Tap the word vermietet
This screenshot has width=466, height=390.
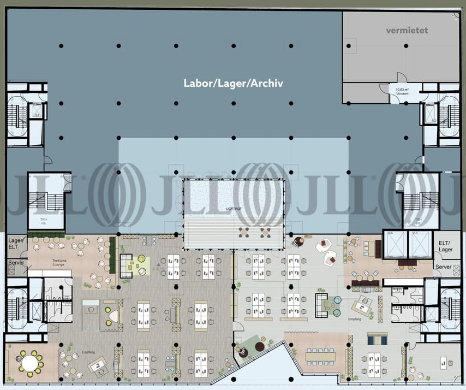click(407, 31)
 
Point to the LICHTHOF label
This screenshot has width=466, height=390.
click(233, 209)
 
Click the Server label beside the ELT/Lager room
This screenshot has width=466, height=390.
click(443, 267)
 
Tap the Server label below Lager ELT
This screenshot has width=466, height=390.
click(15, 263)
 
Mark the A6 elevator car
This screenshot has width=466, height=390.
click(393, 243)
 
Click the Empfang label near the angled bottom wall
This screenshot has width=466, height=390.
click(355, 318)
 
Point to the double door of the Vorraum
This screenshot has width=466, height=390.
click(401, 78)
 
